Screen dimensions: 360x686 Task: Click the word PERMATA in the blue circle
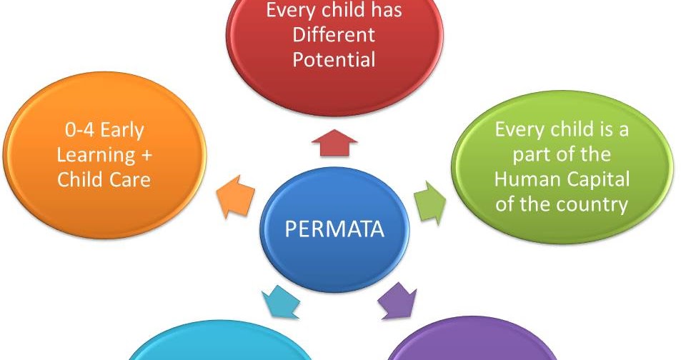[334, 229]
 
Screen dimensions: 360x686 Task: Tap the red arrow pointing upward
[334, 142]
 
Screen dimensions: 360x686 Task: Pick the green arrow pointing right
[430, 202]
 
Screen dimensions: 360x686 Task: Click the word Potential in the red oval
[334, 59]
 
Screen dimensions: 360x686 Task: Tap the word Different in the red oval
[334, 35]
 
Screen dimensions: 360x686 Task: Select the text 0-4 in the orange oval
[74, 131]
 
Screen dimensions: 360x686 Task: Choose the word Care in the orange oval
[130, 179]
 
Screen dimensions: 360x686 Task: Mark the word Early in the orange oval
[121, 131]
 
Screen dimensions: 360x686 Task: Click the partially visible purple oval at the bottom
[472, 349]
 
